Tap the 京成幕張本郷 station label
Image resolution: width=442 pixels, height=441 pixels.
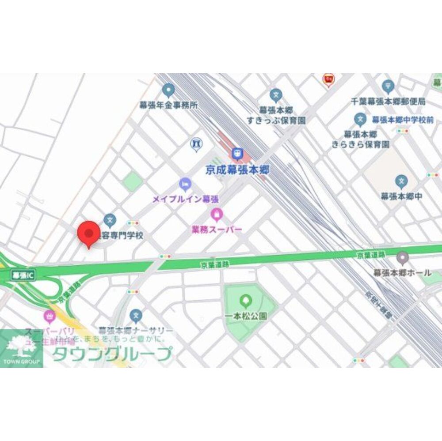[237, 170]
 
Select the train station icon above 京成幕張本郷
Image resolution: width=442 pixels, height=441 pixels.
[237, 154]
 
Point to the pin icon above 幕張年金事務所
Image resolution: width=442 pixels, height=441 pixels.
[168, 91]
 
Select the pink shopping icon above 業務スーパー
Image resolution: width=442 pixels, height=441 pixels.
[216, 215]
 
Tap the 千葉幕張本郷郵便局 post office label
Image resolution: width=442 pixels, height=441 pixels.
[388, 101]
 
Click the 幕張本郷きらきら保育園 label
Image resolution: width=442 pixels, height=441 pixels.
[361, 139]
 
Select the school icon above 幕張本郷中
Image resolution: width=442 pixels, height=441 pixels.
[401, 181]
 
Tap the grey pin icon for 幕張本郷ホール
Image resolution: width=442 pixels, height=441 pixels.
[402, 257]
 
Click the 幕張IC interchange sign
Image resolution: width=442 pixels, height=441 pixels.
[22, 275]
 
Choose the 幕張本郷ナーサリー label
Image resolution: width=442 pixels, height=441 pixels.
[136, 331]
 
